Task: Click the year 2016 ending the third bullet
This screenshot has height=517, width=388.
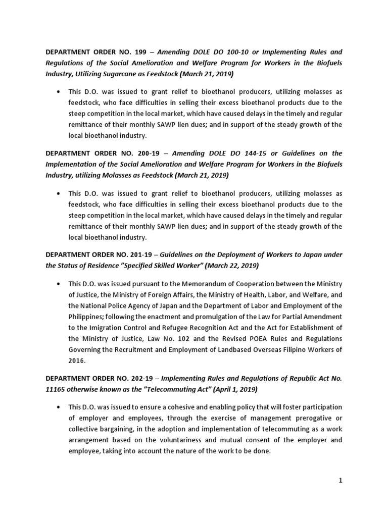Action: pyautogui.click(x=76, y=361)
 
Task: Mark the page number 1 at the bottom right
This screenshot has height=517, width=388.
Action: pyautogui.click(x=341, y=481)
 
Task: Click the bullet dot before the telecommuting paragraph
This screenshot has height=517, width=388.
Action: pyautogui.click(x=60, y=407)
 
